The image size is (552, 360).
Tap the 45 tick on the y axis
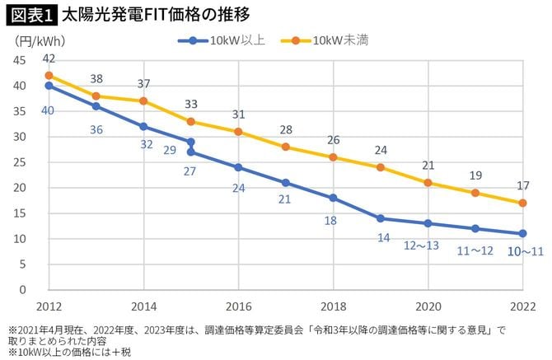pyautogui.click(x=20, y=60)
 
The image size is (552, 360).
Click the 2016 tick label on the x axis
pyautogui.click(x=238, y=304)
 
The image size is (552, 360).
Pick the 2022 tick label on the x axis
pyautogui.click(x=522, y=304)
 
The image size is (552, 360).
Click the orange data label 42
pyautogui.click(x=49, y=58)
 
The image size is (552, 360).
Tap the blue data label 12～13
pyautogui.click(x=428, y=246)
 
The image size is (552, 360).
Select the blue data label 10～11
pyautogui.click(x=522, y=251)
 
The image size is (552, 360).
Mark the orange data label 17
pyautogui.click(x=522, y=186)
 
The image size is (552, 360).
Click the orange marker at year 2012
pyautogui.click(x=49, y=76)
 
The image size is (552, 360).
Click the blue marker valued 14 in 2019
pyautogui.click(x=381, y=218)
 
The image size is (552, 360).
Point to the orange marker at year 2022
pyautogui.click(x=522, y=203)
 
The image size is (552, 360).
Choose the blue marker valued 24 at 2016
pyautogui.click(x=238, y=167)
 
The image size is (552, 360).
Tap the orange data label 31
pyautogui.click(x=238, y=115)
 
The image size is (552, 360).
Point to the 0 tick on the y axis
pyautogui.click(x=23, y=290)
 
